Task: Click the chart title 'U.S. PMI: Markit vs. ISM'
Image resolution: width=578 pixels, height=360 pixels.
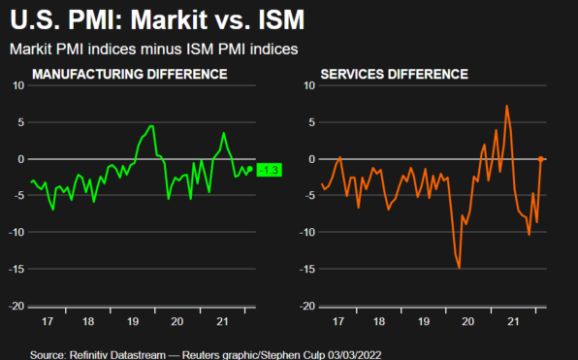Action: (x=151, y=20)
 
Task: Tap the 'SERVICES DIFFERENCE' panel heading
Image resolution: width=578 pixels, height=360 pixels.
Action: (x=396, y=74)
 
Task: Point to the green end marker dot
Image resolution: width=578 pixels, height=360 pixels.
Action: (x=250, y=169)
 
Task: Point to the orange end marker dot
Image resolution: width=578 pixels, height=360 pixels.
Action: (x=540, y=158)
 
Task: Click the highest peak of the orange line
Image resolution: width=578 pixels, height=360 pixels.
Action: (x=506, y=106)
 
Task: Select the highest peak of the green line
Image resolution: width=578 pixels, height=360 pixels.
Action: (x=151, y=126)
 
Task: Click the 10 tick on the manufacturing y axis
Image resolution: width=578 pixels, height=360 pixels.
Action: (x=17, y=85)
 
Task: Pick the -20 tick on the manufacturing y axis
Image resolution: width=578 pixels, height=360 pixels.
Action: (x=16, y=306)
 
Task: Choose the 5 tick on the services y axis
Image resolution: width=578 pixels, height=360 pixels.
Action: (x=310, y=122)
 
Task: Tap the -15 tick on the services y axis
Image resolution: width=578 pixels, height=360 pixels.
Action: (x=305, y=269)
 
